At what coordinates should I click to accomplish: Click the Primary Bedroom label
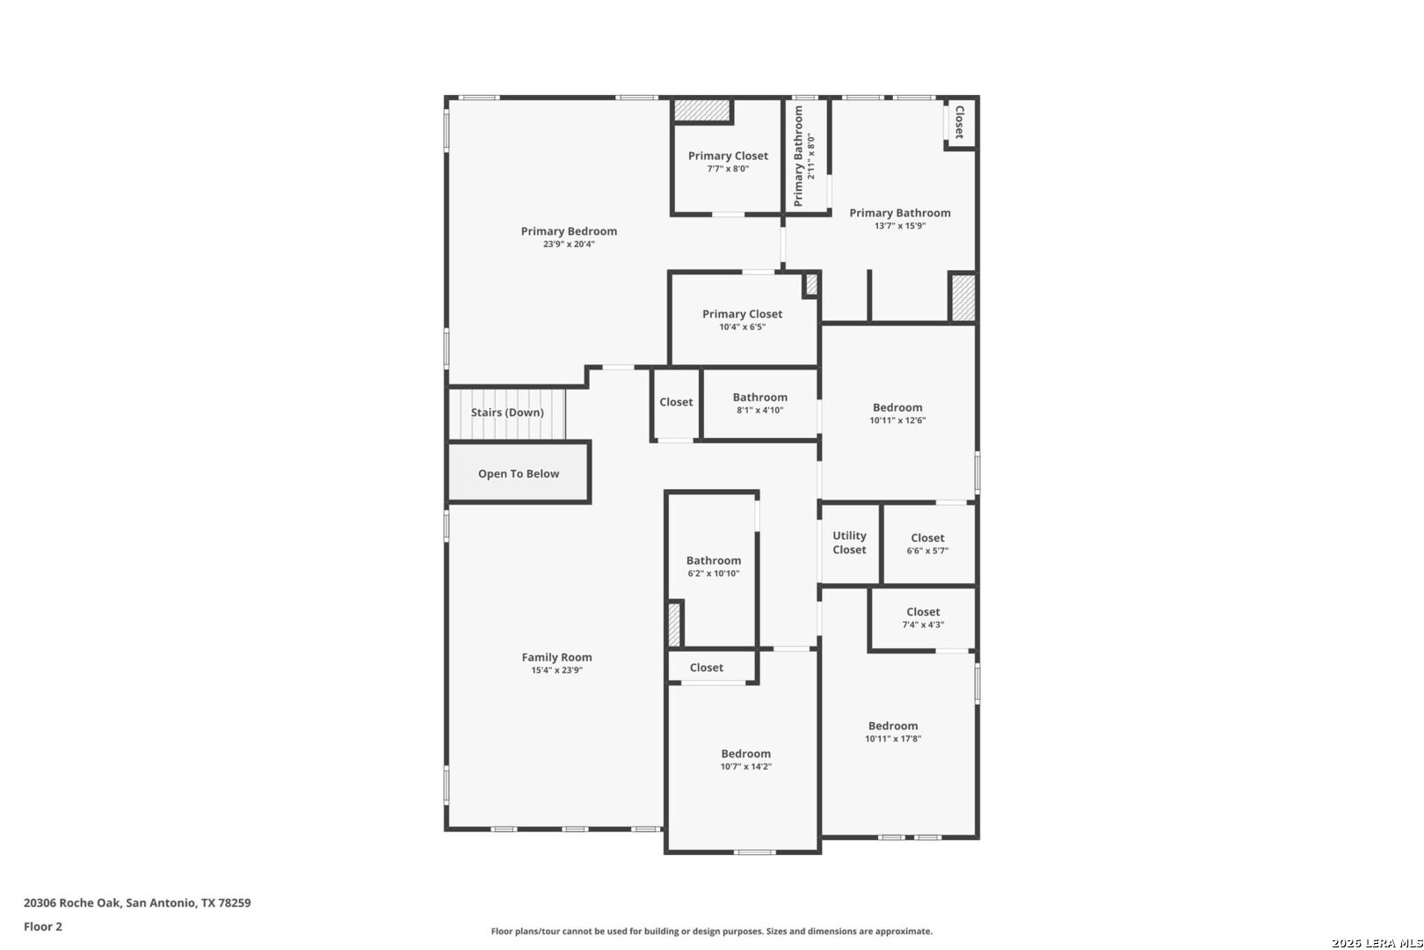pos(569,231)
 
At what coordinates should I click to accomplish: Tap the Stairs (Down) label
pos(507,413)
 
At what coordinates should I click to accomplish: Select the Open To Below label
pos(519,473)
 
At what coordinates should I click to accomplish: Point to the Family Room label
pos(557,657)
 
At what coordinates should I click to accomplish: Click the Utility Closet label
pos(849,543)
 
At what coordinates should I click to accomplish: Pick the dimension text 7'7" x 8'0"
pos(728,169)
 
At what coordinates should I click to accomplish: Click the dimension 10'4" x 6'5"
pos(743,327)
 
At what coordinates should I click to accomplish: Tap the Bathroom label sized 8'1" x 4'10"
pos(759,397)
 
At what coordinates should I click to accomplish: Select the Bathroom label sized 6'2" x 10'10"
pos(713,560)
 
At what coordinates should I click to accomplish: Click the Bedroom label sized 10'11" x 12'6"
pos(897,407)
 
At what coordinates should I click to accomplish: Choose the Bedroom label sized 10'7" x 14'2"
pos(745,753)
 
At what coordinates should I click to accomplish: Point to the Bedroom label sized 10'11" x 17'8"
pos(893,726)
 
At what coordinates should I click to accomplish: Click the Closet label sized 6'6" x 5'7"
pos(927,537)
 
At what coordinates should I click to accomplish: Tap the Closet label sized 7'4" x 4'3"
pos(923,611)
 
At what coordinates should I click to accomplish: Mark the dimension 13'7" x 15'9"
pos(900,226)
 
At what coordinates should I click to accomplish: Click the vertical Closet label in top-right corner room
pos(960,121)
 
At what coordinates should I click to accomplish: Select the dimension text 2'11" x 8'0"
pos(810,156)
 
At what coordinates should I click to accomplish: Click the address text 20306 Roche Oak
pos(72,902)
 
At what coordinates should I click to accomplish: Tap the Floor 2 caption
pos(43,926)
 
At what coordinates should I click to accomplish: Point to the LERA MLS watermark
pos(1377,943)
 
